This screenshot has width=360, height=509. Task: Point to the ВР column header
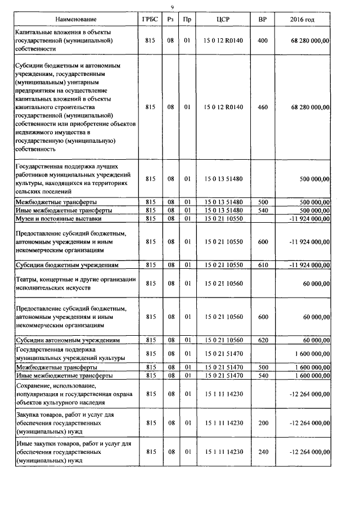coord(262,20)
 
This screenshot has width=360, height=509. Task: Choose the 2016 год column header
coord(303,20)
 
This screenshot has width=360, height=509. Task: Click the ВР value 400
coord(262,41)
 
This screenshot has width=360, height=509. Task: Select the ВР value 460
coord(262,107)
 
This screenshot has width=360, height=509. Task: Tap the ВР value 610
coord(262,264)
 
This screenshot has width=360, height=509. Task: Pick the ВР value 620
coord(262,340)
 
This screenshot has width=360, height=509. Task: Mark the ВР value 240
coord(262,452)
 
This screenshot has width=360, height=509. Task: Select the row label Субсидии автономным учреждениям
coord(67,340)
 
